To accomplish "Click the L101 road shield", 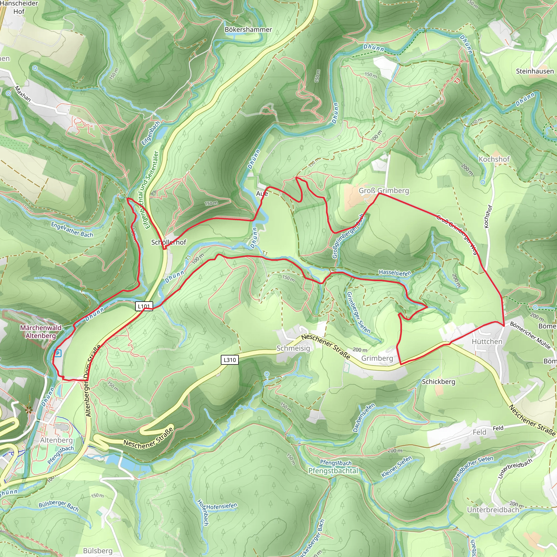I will tap(144, 306).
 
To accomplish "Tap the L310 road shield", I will tap(230, 360).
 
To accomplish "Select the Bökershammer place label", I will tap(248, 30).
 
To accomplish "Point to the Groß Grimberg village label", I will tap(384, 191).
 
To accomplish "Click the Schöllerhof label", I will tap(169, 242).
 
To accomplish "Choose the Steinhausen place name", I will tap(535, 71).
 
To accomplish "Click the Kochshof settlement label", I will tap(494, 159).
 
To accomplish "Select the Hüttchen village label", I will tap(487, 342).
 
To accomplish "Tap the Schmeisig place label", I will tap(293, 348).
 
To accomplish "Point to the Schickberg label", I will tap(438, 382).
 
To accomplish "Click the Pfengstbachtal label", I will tap(333, 471).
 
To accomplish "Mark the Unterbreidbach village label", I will tap(493, 510).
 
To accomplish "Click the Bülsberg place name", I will tap(98, 551).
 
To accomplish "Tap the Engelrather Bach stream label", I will tap(72, 230).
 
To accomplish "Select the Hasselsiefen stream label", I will tap(395, 273).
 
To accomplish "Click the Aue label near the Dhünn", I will tap(262, 193).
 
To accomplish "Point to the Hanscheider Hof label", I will tap(19, 8).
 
